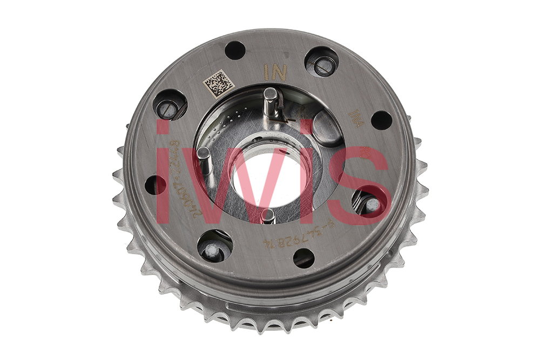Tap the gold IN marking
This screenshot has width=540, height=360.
pos(274,72)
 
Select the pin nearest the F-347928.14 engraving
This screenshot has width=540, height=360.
pos(268,216)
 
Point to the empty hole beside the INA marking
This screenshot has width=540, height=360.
pos(381,120)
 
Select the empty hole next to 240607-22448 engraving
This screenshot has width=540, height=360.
pos(154,185)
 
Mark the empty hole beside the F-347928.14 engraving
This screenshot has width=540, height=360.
pos(303,258)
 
